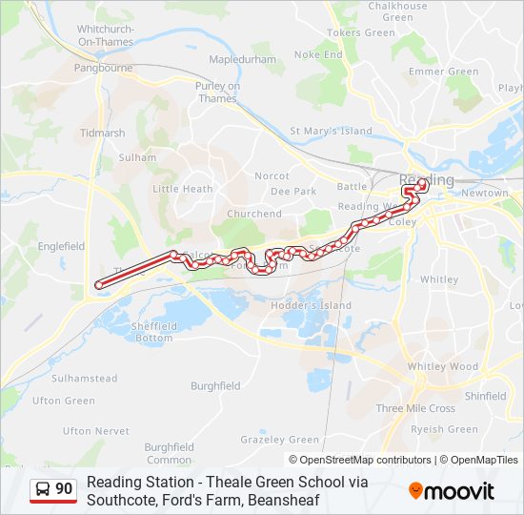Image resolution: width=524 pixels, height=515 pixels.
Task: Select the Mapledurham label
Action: pos(240,59)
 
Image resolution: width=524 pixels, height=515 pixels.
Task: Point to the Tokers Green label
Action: pos(360,32)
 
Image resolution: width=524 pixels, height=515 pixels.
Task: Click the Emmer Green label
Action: pos(443,72)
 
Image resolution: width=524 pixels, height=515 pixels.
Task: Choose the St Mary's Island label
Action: pos(331,131)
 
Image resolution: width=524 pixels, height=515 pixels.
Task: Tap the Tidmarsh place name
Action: pos(103,134)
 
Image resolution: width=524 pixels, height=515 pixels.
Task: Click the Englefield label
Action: pos(61,246)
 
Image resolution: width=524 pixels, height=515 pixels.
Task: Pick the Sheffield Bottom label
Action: pos(153,332)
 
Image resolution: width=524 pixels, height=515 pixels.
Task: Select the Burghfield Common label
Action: pos(169,453)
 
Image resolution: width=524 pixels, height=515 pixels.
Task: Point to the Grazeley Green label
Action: pos(279,440)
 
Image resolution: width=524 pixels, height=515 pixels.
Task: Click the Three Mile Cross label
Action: pos(415,408)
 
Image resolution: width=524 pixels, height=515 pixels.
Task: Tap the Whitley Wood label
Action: pos(442,366)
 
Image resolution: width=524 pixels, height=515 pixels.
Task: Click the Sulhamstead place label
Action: pos(84,379)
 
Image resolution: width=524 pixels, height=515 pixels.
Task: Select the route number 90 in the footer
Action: pos(64,489)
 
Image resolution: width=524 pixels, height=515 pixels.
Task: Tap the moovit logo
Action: pos(452,491)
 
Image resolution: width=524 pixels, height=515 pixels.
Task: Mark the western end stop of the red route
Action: pos(98,284)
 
